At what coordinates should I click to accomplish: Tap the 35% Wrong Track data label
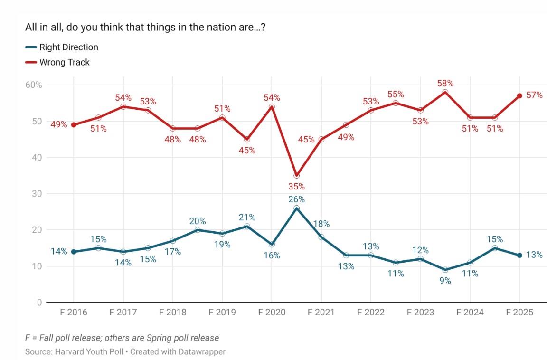[296, 187]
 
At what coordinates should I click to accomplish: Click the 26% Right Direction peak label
[296, 199]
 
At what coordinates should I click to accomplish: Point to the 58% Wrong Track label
[445, 84]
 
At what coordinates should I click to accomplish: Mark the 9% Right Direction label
[445, 281]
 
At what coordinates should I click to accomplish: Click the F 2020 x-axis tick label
[272, 312]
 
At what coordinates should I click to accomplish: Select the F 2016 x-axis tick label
[74, 312]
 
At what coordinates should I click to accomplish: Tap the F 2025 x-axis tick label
[519, 312]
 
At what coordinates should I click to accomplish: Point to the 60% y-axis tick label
[33, 85]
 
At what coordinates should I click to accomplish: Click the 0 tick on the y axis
[39, 303]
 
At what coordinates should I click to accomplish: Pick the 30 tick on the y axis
[37, 194]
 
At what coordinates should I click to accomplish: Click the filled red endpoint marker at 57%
[519, 96]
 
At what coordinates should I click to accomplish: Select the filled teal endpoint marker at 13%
[519, 255]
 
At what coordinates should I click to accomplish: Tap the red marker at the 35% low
[297, 175]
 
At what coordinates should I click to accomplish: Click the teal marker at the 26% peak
[297, 208]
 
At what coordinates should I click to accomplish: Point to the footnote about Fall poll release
[122, 338]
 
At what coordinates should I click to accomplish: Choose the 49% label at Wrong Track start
[59, 125]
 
